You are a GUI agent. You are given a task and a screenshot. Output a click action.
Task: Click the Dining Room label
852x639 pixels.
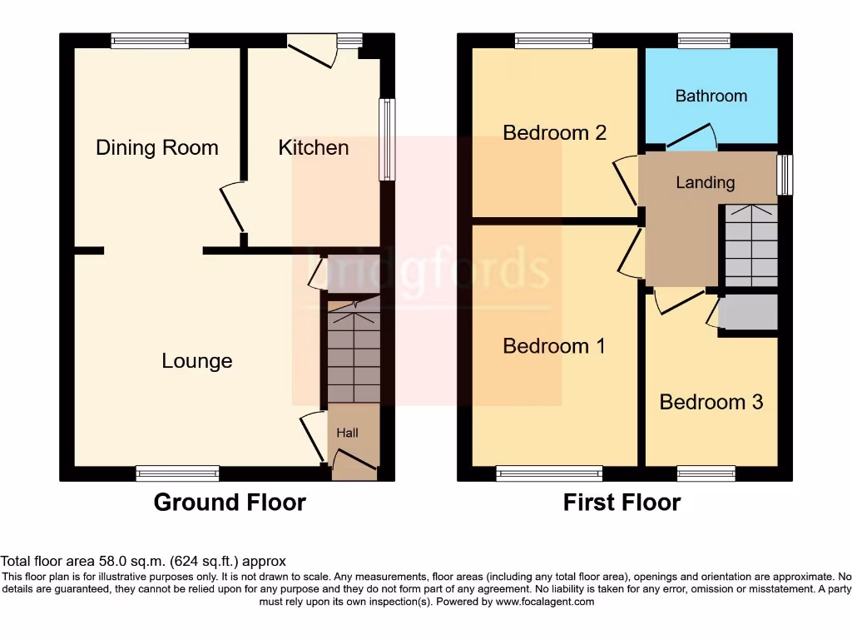(157, 148)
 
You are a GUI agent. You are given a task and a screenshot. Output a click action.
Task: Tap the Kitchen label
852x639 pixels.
(313, 148)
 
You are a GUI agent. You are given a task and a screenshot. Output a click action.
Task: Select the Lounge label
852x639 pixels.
(197, 361)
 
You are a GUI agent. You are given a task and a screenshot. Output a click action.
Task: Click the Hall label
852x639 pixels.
(347, 433)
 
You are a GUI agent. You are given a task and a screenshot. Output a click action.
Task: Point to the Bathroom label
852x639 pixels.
(711, 97)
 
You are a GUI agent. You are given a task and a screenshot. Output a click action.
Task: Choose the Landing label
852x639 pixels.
(705, 183)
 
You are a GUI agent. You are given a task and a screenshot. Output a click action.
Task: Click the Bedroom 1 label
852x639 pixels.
(554, 346)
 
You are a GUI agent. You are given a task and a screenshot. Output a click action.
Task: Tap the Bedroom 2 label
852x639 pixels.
(554, 133)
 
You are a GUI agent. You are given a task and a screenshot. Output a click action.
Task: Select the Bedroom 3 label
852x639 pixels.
(711, 403)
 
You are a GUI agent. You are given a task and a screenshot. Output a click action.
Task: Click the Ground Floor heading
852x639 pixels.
(230, 503)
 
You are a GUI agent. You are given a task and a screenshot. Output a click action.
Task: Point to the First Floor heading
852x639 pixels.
(622, 503)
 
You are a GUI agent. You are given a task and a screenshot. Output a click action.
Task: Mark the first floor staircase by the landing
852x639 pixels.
(750, 245)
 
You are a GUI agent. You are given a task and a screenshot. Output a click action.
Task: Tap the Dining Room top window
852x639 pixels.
(150, 41)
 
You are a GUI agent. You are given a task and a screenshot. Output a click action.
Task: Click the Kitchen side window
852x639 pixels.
(387, 140)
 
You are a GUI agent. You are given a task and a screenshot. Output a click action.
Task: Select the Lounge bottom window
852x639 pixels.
(178, 473)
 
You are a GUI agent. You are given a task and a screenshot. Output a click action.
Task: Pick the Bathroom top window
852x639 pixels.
(704, 41)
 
